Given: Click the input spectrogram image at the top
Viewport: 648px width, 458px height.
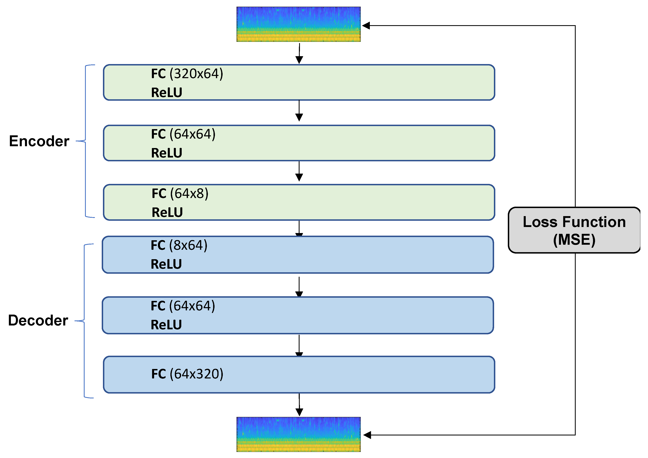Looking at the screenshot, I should pos(298,24).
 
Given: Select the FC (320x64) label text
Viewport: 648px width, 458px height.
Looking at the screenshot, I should pos(187,74).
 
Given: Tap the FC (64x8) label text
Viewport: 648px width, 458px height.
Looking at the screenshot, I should pos(180,194).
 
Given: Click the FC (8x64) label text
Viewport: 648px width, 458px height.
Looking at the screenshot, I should pos(179,246).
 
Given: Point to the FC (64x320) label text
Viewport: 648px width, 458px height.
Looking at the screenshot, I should pos(187,374).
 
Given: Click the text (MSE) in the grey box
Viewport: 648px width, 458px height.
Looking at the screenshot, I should pos(574,240).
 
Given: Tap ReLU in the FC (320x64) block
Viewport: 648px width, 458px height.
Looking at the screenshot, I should pos(167,93).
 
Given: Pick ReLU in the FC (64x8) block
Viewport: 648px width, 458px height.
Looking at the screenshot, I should pos(167,212).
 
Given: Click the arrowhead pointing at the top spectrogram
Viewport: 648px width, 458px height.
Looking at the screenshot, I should pos(366,26).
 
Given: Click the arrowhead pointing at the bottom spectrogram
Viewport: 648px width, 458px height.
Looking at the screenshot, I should pos(367,435).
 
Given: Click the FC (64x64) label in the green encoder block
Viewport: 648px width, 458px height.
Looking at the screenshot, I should pos(183,134).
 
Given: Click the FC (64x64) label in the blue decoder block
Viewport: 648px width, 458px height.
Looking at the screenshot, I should pos(183,306).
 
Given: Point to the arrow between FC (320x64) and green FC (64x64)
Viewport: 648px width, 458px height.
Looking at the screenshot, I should pos(299,111).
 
